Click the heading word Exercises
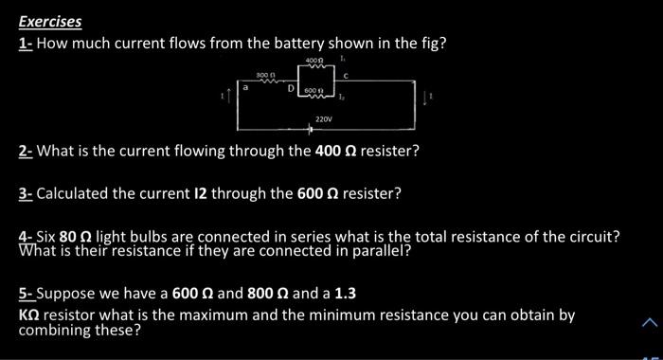[x=50, y=22]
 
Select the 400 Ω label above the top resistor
[x=314, y=62]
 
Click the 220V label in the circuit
[x=324, y=119]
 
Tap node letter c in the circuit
[x=347, y=74]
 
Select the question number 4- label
[x=26, y=237]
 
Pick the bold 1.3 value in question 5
[x=345, y=294]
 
